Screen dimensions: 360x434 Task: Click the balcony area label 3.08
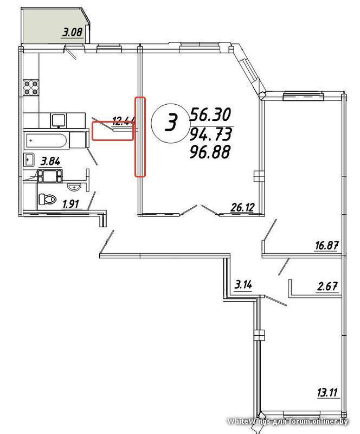click(73, 32)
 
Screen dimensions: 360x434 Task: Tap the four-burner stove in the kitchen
click(31, 88)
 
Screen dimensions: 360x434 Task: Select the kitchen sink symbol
click(58, 121)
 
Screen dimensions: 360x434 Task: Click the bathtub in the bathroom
click(47, 141)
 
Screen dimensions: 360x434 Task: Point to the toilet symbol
click(47, 199)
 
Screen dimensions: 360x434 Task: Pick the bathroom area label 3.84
click(50, 161)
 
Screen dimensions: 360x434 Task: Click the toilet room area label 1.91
click(71, 205)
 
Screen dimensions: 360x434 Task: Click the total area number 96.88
click(210, 152)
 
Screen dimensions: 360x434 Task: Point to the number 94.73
click(210, 135)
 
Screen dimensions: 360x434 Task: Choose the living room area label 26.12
click(242, 207)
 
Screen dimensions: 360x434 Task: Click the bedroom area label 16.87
click(327, 246)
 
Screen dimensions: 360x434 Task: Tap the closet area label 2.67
click(327, 286)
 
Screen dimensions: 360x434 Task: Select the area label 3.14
click(243, 284)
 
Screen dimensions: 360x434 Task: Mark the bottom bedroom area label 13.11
click(328, 392)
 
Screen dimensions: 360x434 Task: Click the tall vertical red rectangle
click(140, 137)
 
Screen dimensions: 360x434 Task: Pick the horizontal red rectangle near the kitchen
click(113, 131)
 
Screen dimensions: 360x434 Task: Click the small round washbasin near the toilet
click(74, 187)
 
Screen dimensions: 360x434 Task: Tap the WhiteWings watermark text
click(287, 422)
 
